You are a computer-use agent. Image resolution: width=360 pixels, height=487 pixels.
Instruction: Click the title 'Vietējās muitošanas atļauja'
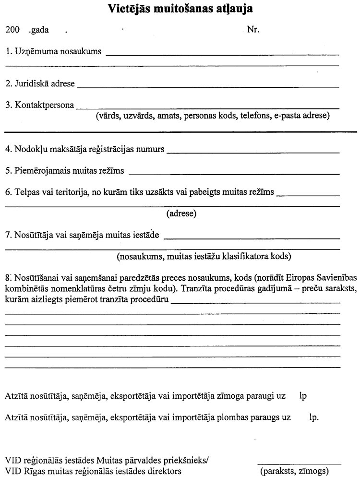[180, 9]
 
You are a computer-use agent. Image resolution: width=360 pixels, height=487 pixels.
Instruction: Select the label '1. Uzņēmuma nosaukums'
[53, 52]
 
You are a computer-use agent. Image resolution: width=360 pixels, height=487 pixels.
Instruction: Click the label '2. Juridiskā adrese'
[40, 84]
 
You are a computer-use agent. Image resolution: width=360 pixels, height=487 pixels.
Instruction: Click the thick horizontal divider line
[180, 131]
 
